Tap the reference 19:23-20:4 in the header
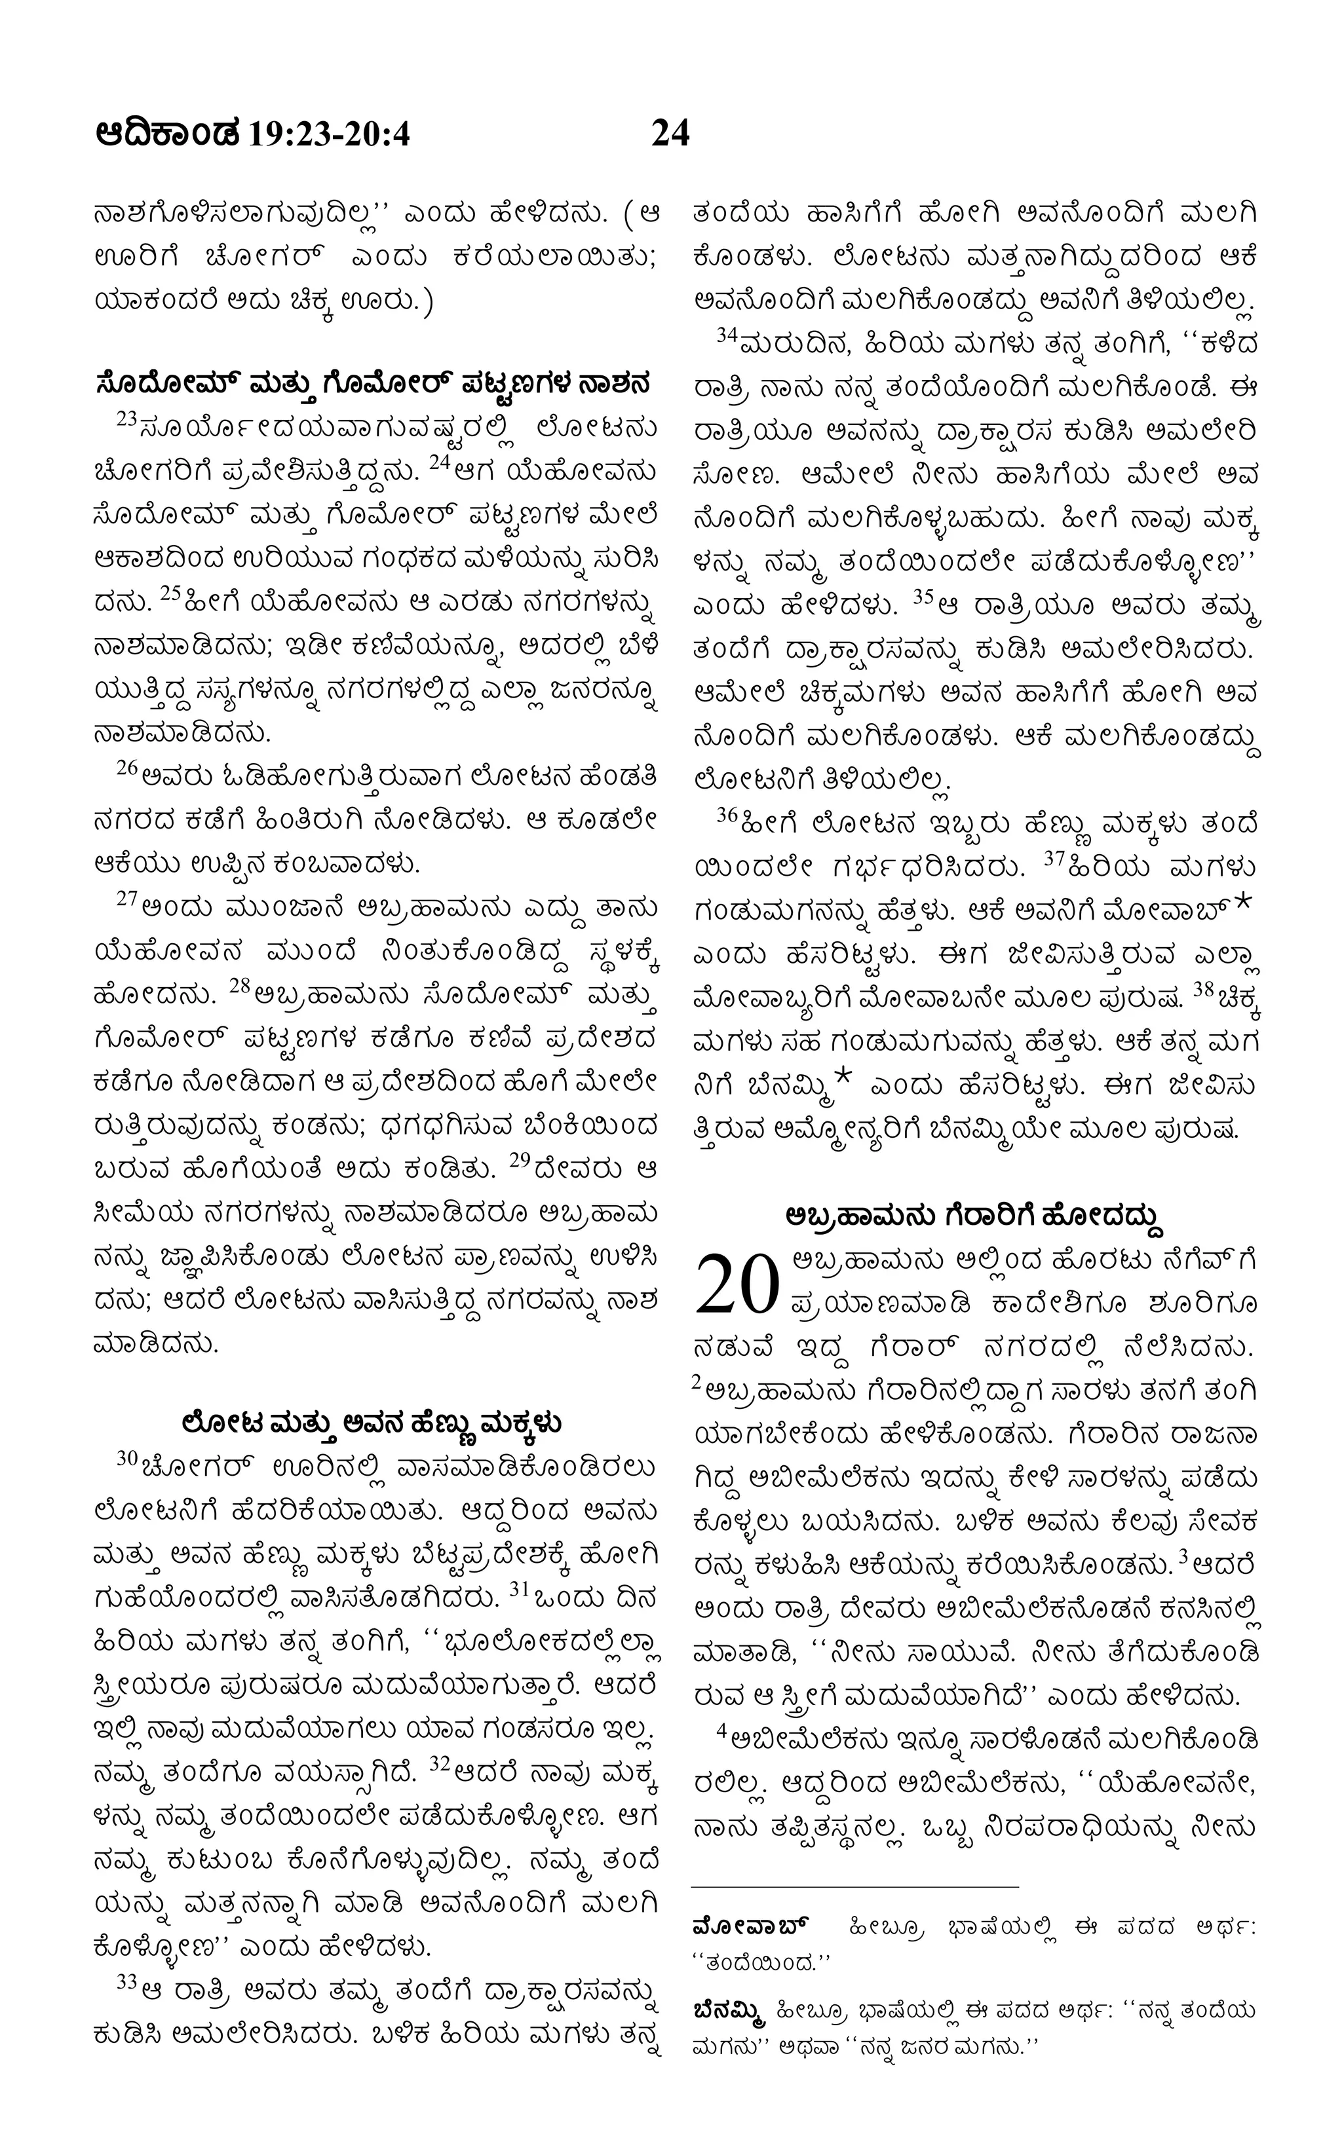point(330,135)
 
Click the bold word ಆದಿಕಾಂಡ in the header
point(168,135)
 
